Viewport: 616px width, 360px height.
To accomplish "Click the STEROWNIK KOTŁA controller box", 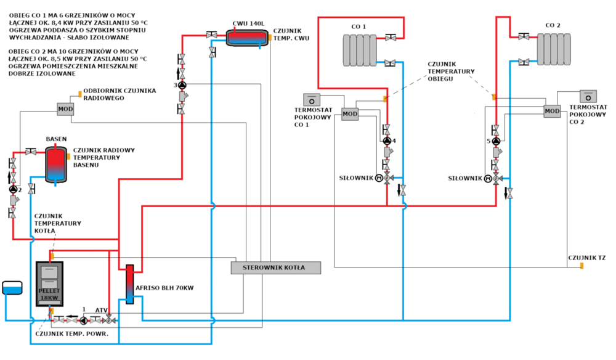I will (x=276, y=268).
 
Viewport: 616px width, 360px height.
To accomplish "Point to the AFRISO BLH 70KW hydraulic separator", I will (x=130, y=284).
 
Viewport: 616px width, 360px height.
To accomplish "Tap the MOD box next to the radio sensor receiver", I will (x=65, y=110).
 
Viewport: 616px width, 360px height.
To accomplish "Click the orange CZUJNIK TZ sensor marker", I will (x=582, y=266).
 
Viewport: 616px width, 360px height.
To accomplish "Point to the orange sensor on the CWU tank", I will (x=269, y=38).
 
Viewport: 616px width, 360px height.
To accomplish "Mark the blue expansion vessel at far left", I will (x=12, y=288).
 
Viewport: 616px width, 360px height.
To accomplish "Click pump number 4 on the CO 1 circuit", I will (x=387, y=141).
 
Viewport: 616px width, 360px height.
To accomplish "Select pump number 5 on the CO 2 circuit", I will (x=496, y=141).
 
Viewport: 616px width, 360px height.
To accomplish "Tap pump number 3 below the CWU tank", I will (x=182, y=84).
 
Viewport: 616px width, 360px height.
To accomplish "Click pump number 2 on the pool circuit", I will (x=13, y=190).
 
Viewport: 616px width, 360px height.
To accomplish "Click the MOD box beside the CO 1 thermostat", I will (x=350, y=114).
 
